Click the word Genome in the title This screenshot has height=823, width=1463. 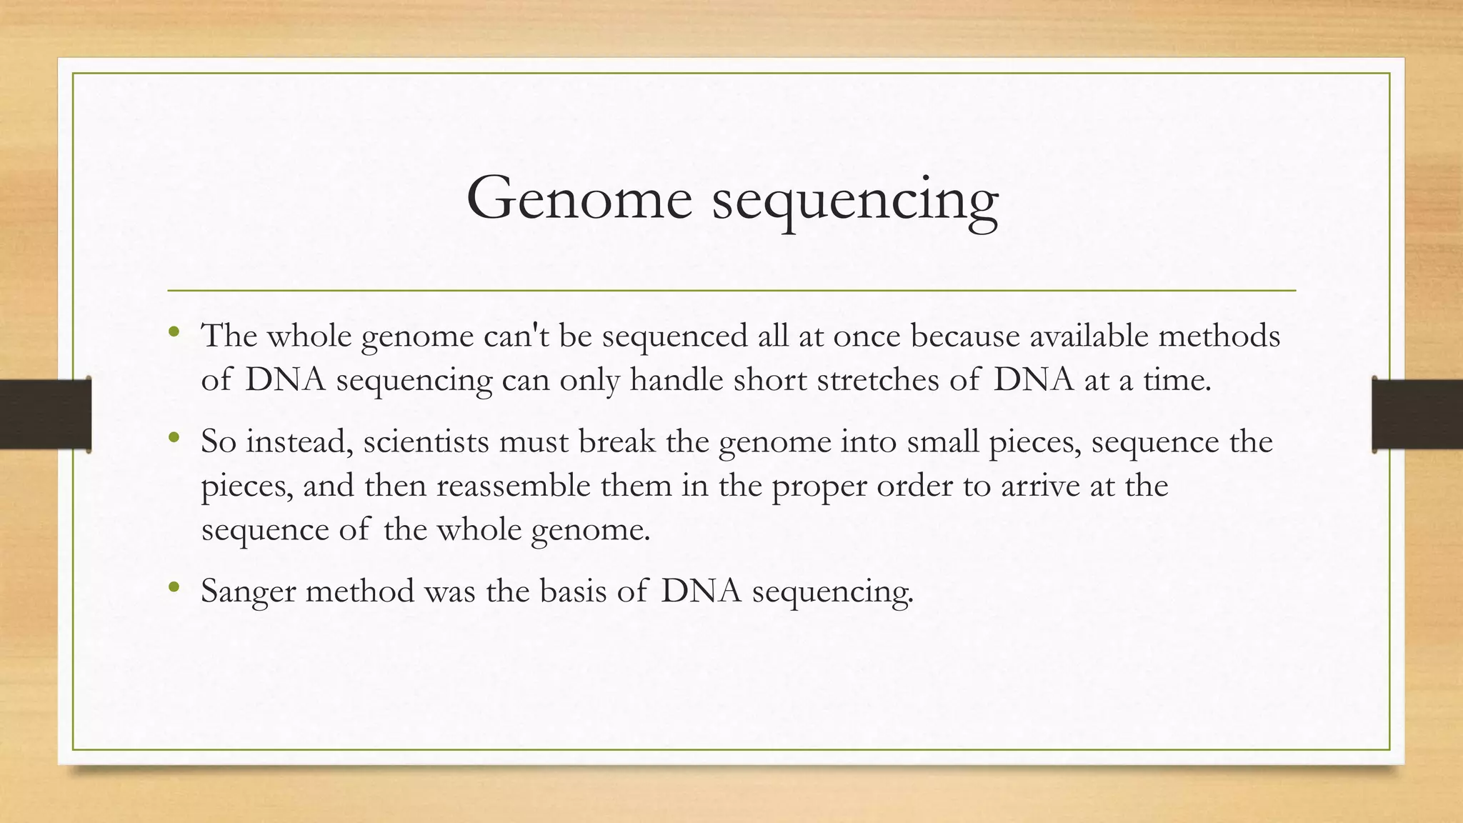click(579, 199)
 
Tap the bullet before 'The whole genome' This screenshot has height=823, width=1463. click(174, 331)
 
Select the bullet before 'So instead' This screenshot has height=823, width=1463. click(174, 437)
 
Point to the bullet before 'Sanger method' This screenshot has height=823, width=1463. click(174, 587)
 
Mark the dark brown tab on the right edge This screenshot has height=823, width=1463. click(1417, 414)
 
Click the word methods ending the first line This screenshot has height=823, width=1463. click(1219, 336)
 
